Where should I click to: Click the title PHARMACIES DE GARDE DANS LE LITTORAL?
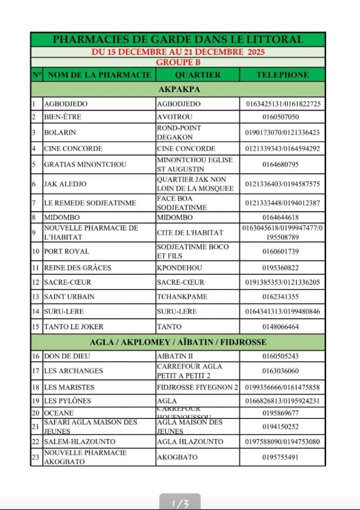tap(178, 39)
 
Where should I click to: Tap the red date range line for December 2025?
tap(178, 52)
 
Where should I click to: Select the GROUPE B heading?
tap(178, 62)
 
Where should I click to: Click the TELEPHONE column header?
tap(282, 75)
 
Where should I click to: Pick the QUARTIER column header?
tap(198, 75)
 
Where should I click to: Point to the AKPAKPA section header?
tap(178, 90)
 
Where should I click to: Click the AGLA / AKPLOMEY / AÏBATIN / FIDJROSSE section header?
tap(178, 342)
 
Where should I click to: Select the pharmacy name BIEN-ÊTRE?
tap(62, 117)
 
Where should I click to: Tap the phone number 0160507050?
tap(282, 117)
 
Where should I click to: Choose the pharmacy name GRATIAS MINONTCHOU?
tap(85, 164)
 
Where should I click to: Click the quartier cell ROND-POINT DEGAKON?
tap(179, 132)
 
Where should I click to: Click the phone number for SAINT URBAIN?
tap(282, 297)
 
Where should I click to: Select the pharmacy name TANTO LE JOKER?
tap(74, 327)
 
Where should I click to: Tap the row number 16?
tap(36, 357)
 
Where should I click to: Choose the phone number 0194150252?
tap(282, 426)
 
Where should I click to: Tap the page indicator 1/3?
tap(180, 504)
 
